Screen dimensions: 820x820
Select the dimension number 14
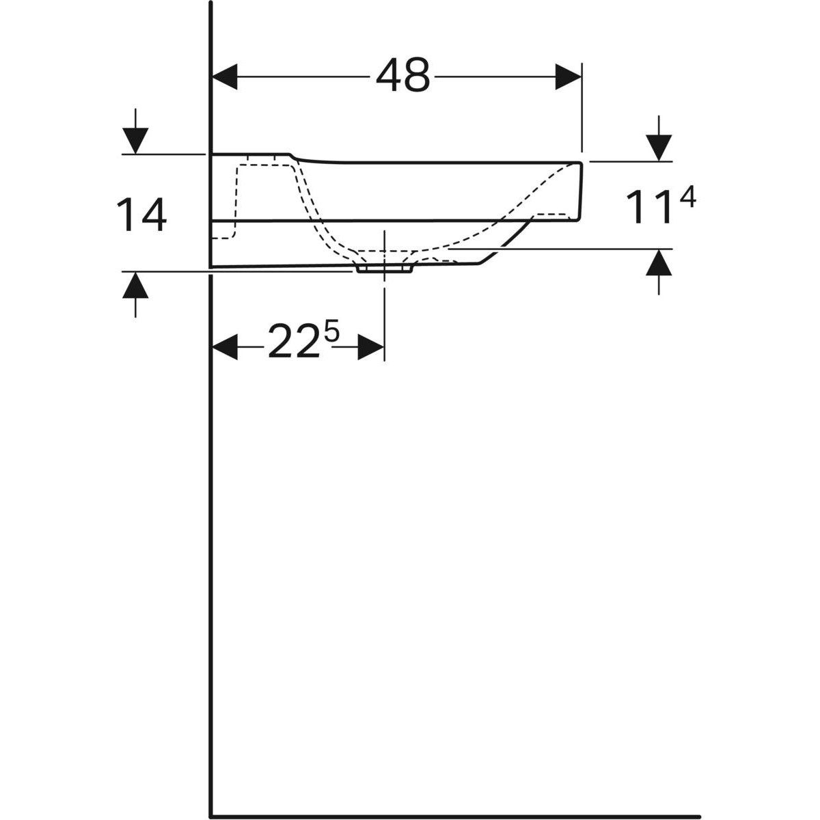coord(141,214)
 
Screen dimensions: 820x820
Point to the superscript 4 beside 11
coord(687,199)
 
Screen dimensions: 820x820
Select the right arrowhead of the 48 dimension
coord(569,76)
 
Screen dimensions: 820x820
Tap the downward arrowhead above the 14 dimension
coord(136,141)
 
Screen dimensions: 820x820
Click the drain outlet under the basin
coord(384,269)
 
